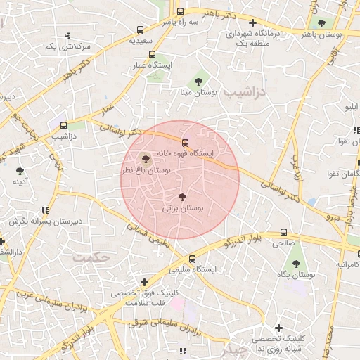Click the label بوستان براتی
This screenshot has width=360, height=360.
point(182,209)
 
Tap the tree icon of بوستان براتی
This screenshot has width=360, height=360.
point(183,198)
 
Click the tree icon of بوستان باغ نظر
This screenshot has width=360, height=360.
point(146,158)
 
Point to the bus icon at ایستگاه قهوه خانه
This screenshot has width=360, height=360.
point(186,143)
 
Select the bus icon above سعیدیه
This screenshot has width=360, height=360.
point(141,30)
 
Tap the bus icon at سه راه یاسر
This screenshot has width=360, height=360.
point(181,12)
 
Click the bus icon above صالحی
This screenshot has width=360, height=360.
point(284,232)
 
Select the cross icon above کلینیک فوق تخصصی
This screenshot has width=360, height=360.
point(143,282)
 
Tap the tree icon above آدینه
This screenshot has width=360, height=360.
point(20,170)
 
